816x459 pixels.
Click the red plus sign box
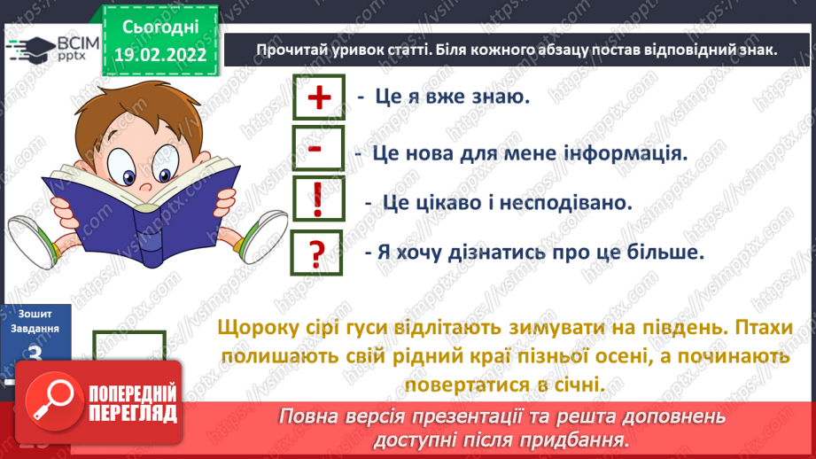pyautogui.click(x=316, y=97)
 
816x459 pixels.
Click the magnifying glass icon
pyautogui.click(x=54, y=404)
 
